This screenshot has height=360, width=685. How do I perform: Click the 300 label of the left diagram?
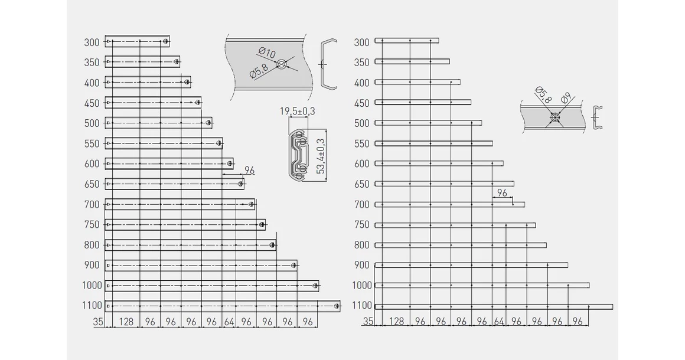coord(92,42)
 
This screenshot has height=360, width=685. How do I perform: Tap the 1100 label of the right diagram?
coord(362,306)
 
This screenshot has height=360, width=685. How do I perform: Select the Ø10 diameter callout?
coord(267,53)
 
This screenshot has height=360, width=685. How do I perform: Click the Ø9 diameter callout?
coord(566,98)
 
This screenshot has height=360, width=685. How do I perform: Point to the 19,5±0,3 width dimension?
coord(298,112)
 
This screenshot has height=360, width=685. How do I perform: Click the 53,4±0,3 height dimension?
coord(321,156)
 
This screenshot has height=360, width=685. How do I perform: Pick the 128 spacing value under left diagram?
coord(126,322)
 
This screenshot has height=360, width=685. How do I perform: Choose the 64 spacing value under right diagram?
coord(499,322)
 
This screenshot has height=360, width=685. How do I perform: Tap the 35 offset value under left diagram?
coord(98,322)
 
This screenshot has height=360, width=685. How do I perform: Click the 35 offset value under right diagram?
coord(368,322)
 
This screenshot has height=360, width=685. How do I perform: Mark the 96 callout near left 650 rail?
coord(249,170)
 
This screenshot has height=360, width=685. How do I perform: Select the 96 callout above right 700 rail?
coord(502,193)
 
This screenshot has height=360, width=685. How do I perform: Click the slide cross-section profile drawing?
coord(298,155)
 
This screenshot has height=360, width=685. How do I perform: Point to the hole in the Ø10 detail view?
coord(282,65)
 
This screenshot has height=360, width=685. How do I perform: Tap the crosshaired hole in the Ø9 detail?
coord(555,117)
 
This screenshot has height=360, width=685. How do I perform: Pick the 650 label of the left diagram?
coord(92,184)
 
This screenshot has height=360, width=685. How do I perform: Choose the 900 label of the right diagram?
coord(362,265)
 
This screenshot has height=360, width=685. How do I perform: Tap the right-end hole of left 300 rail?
coord(165,42)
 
